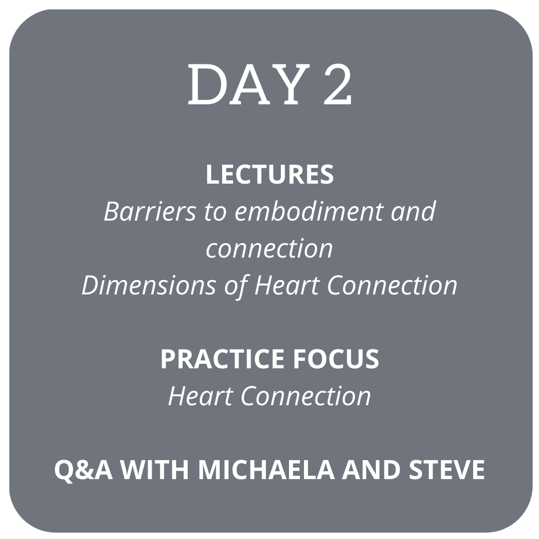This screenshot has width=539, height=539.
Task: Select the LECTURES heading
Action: coord(270,175)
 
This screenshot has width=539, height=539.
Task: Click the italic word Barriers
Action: coord(150,211)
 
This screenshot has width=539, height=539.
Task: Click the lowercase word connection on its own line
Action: coord(269,249)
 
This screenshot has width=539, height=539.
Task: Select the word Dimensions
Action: coord(149,285)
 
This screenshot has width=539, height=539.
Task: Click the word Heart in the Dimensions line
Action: coord(286,285)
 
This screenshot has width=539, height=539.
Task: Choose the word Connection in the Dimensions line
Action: coord(392,285)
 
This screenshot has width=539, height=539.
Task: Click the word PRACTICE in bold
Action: coord(222,359)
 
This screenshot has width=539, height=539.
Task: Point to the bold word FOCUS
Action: coord(336,359)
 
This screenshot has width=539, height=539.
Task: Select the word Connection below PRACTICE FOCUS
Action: coord(306,396)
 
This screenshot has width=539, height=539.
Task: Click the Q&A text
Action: coord(83,470)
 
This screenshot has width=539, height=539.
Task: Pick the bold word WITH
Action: coord(155,470)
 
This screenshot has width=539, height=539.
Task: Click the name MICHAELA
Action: coord(267,470)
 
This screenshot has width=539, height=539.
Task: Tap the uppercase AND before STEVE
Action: coord(371,470)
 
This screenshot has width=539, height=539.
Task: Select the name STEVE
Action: coord(447,470)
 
